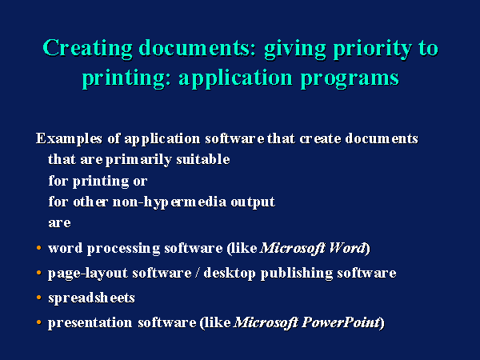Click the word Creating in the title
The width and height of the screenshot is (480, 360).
[87, 48]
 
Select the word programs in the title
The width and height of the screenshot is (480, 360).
[350, 78]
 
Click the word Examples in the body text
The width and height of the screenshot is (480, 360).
[69, 138]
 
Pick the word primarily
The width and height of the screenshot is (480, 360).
[138, 160]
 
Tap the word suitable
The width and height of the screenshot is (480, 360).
[203, 159]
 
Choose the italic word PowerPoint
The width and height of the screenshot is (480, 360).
[341, 322]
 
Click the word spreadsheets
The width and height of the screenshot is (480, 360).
[91, 298]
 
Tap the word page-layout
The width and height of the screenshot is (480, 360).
[88, 274]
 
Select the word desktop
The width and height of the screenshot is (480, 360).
[230, 273]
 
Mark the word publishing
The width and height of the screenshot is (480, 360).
[297, 274]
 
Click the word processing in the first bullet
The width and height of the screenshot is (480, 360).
[124, 249]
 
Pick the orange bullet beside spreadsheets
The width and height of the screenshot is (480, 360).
[38, 297]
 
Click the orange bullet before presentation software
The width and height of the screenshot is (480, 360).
[38, 322]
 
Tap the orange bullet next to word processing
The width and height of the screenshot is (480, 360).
[38, 247]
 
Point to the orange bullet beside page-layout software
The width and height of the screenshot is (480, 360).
[38, 272]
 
